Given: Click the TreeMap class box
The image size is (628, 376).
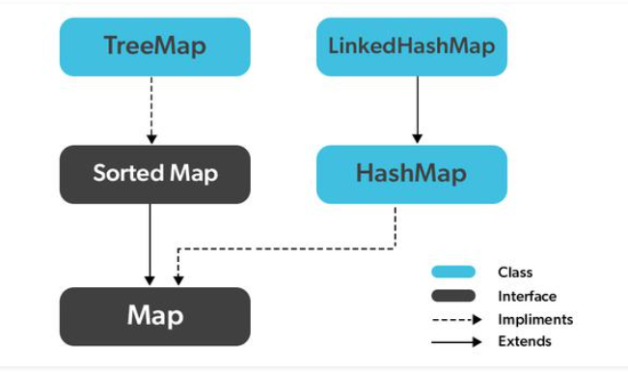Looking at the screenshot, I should pos(154,45).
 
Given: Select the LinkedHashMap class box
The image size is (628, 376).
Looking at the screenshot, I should pos(412,45).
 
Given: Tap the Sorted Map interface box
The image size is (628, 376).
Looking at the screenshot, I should pos(154,174).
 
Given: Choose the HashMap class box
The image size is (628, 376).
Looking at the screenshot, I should pos(412,174).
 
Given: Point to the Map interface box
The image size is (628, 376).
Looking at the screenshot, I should pos(154,316).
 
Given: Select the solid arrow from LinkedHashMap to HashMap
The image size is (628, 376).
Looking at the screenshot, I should pos(417,109).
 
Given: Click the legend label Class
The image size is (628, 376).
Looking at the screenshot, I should pos(515,273).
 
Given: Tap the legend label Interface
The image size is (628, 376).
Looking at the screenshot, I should pos(527,296).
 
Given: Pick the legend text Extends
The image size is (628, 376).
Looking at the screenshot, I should pos(525,341).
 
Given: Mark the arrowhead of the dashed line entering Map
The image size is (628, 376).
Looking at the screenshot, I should pos(177,280).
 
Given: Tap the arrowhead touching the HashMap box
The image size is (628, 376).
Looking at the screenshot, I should pos(417,138).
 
